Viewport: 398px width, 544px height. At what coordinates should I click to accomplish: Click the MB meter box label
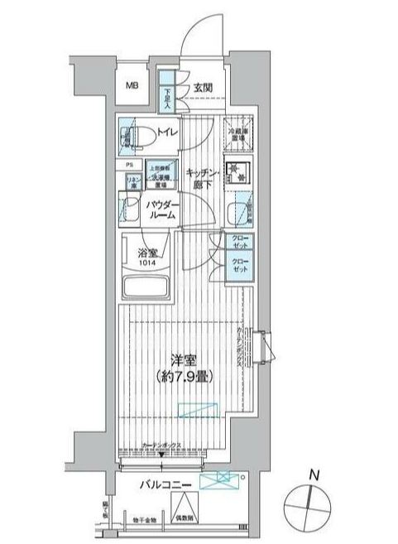(x=132, y=86)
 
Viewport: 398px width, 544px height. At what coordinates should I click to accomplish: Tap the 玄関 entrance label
(x=205, y=86)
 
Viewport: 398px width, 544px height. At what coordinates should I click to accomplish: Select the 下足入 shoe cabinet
(x=167, y=96)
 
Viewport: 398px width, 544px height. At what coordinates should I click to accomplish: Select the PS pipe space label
(x=130, y=165)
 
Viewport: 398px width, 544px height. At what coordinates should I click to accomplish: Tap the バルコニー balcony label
(x=167, y=484)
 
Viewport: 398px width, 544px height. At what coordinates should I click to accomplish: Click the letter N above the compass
(x=311, y=475)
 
